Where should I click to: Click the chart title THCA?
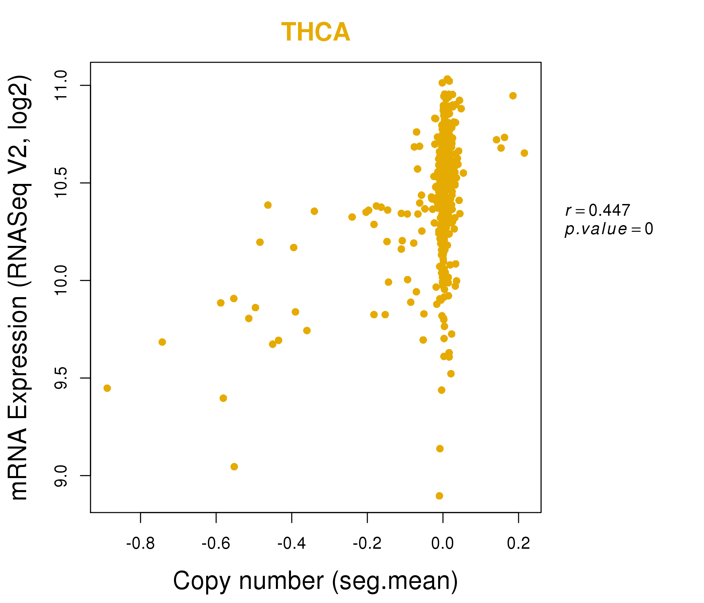click(x=316, y=32)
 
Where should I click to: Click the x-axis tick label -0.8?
click(x=140, y=544)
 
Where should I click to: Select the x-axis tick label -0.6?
click(x=216, y=544)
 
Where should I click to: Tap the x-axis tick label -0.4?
click(x=292, y=544)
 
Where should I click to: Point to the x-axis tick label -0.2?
click(x=367, y=544)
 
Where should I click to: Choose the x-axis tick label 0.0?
click(x=443, y=544)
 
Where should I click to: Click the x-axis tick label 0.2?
click(x=518, y=544)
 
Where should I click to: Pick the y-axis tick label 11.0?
click(x=61, y=85)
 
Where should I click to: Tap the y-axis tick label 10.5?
click(x=61, y=183)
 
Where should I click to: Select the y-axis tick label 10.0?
click(x=61, y=280)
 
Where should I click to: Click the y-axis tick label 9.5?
click(x=61, y=378)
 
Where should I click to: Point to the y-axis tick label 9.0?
click(x=61, y=475)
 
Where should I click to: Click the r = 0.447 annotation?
click(x=598, y=210)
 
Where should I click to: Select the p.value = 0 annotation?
click(x=608, y=229)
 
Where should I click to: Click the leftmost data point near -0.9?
click(x=107, y=388)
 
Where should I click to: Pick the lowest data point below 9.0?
click(x=439, y=496)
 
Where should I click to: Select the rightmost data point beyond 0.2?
click(x=524, y=153)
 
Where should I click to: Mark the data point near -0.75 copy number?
click(x=162, y=342)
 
